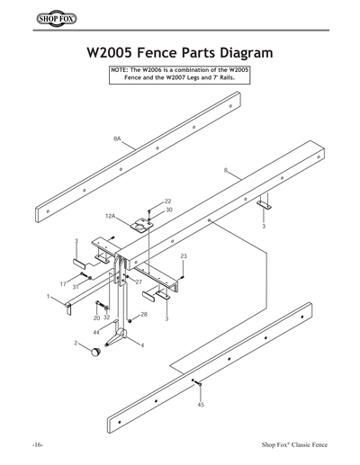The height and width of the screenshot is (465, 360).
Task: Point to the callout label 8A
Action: pos(118,139)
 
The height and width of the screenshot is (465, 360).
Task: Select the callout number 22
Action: pos(167,201)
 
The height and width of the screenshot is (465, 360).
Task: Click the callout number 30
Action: pos(169,210)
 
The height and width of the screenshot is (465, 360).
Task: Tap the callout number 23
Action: pos(184,257)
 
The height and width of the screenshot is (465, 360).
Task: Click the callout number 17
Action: pos(63,284)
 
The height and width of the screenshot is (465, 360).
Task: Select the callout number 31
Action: pos(76,288)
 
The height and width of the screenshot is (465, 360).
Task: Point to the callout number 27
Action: pos(139,282)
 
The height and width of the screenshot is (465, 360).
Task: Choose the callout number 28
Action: pos(144,315)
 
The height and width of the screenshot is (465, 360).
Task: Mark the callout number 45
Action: pos(200,405)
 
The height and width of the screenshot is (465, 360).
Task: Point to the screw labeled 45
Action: pos(195,384)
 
